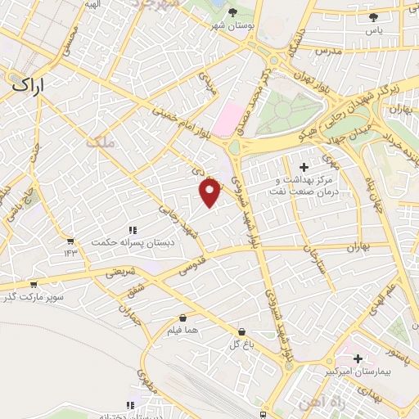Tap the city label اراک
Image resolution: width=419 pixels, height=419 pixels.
coord(29,83)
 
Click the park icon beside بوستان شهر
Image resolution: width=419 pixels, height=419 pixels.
coord(234,12)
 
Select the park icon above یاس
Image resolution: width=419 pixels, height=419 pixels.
coord(374,16)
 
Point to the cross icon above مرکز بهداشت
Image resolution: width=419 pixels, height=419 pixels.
coord(304,167)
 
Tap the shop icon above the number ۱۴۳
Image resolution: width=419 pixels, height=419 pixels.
coord(70,241)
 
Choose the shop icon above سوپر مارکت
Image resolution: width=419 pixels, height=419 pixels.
coord(33,285)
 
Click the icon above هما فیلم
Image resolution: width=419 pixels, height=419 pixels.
coord(181,318)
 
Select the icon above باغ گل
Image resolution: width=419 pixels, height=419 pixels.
coord(241,332)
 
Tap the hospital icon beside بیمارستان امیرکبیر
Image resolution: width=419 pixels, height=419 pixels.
coord(358,358)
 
